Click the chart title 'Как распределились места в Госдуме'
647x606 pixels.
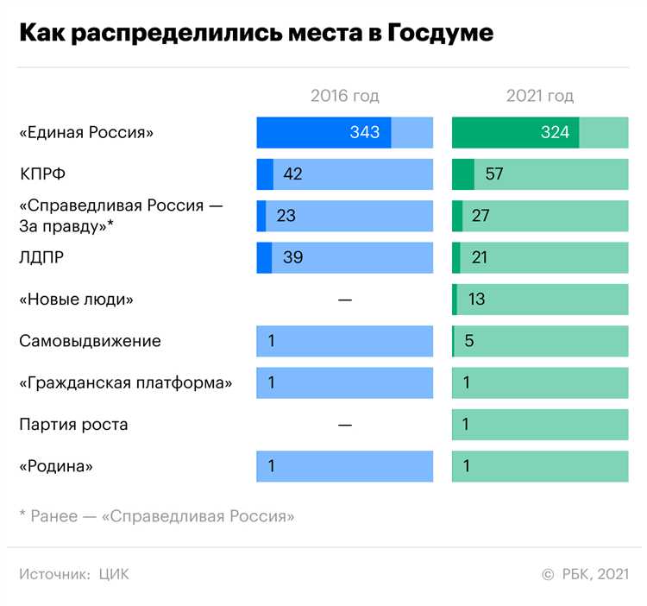pos(256,34)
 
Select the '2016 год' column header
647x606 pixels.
pos(344,96)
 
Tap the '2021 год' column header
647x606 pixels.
pos(540,96)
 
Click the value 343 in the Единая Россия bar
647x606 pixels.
pos(365,133)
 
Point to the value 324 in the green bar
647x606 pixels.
pos(555,133)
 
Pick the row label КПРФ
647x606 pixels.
pos(42,174)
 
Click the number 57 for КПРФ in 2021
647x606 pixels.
pos(494,174)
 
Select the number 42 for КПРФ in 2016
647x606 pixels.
pos(292,174)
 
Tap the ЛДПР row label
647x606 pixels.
pos(42,257)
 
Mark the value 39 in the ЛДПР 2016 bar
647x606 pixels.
pos(292,257)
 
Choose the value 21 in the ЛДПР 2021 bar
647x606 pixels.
pos(481,257)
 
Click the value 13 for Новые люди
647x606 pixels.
pos(476,300)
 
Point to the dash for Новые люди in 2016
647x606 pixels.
pos(345,300)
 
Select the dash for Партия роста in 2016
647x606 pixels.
pos(345,425)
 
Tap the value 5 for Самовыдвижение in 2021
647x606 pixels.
pos(469,341)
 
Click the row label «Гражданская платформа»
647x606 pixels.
pos(126,382)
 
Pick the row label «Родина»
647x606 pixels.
pos(56,466)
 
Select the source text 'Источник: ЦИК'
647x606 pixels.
pos(74,574)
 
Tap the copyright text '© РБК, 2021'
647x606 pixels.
pos(585,574)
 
